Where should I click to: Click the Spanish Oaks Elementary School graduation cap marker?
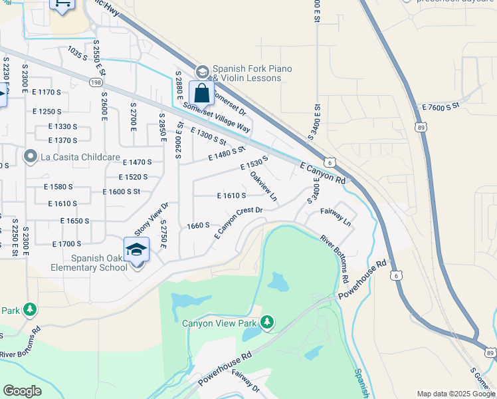136,250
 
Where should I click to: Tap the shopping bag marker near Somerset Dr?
201,93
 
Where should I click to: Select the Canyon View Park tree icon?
267,323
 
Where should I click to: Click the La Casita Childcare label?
80,158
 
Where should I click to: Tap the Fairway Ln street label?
336,215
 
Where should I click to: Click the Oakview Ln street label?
263,188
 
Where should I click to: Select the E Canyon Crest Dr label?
239,223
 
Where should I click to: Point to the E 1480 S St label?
227,155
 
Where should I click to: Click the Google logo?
22,391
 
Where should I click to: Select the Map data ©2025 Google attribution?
456,393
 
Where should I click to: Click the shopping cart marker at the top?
62,5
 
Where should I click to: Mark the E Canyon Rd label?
323,173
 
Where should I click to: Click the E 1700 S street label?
66,244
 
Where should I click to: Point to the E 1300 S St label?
207,138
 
